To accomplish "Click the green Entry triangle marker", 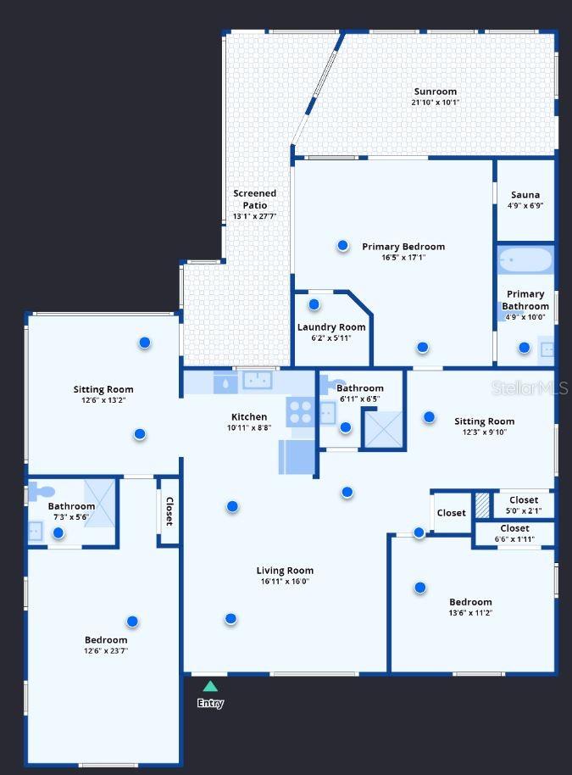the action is (210, 686).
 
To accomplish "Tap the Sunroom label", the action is (436, 92).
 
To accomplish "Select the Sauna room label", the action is (525, 195).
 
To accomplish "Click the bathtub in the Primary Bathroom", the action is (525, 260).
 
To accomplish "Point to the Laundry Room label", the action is (331, 327).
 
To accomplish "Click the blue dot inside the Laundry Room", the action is (314, 304).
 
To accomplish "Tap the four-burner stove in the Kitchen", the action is (300, 412).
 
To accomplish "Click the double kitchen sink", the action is (258, 380).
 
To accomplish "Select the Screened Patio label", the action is (255, 199).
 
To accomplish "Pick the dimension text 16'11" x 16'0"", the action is (285, 582).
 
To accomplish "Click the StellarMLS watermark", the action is (530, 388).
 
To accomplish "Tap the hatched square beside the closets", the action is (482, 505).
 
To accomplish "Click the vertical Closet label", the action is (169, 511).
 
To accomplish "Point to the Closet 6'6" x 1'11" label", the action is (514, 533).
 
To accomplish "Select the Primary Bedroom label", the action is (403, 247).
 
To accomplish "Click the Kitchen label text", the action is (249, 416).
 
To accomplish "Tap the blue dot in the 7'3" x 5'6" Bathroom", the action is (58, 532).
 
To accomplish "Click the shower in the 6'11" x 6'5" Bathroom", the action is (384, 429).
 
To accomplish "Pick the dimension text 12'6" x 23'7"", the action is (106, 651).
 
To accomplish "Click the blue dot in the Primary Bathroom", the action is (524, 348).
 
